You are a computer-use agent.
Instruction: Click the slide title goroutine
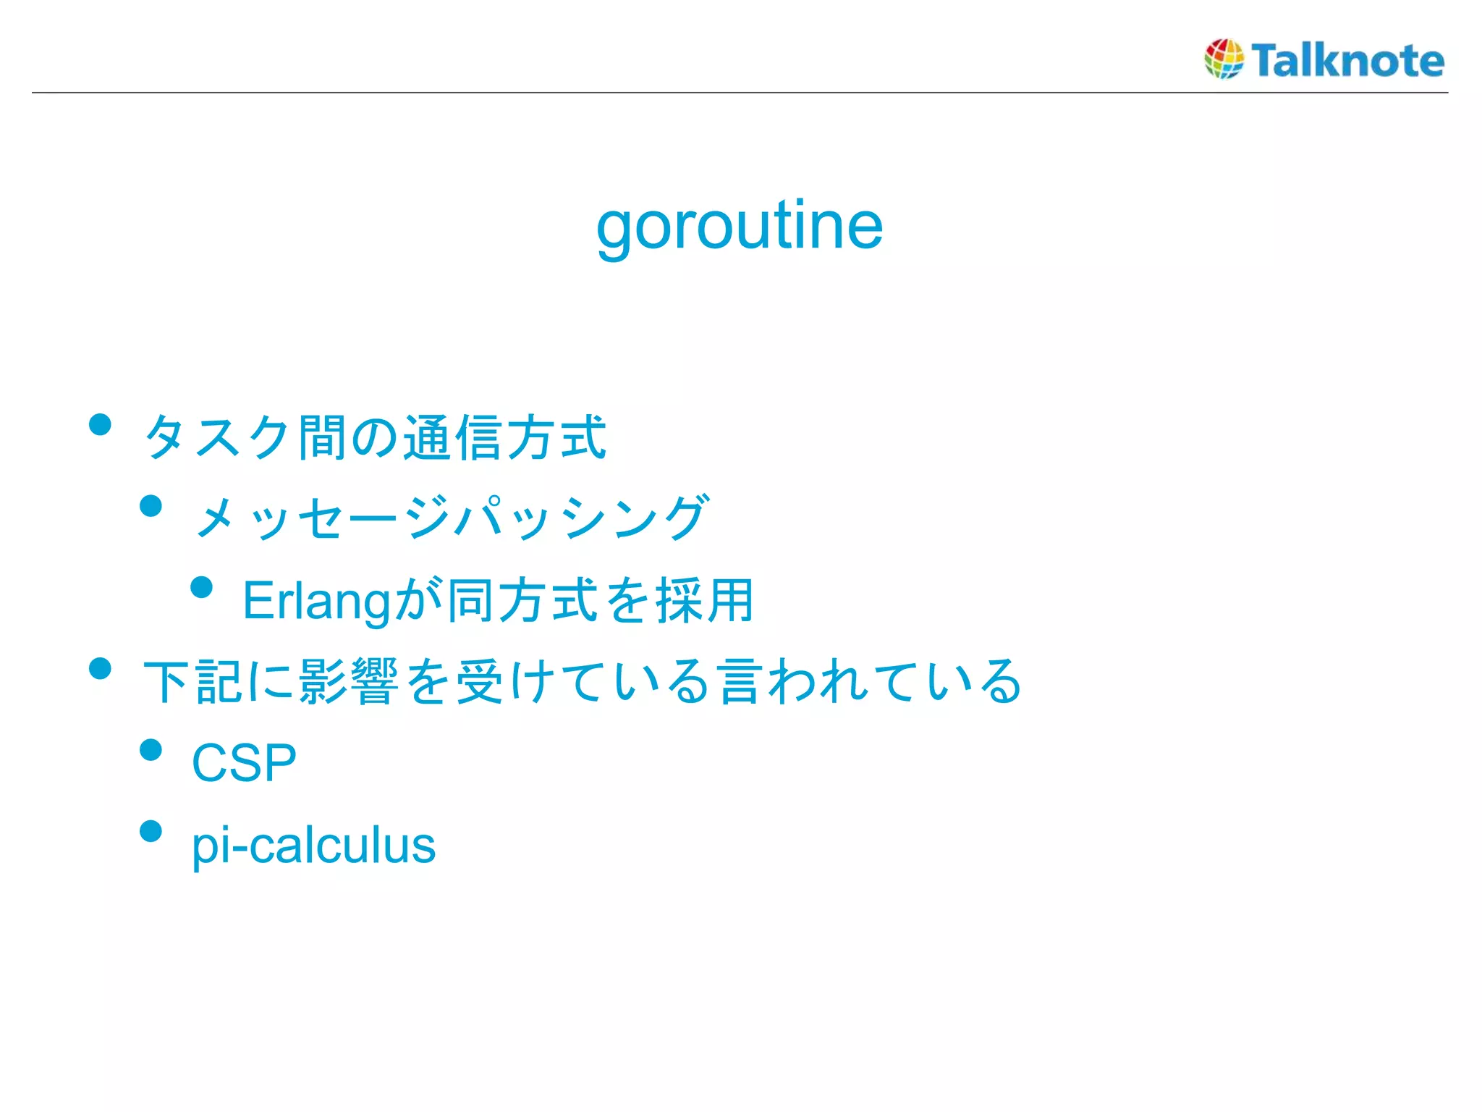tap(740, 226)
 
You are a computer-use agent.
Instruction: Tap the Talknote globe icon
tap(1224, 59)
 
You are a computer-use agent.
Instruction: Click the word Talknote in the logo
tap(1347, 60)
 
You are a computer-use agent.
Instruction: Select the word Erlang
tap(316, 601)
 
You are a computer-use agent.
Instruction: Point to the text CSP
tap(244, 763)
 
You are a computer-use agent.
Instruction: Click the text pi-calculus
tap(313, 846)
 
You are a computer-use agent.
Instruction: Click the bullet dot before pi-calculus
tap(151, 831)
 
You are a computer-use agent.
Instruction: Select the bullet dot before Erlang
tap(202, 587)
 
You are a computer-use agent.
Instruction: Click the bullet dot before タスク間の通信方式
tap(100, 424)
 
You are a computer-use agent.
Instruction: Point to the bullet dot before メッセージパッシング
tap(151, 505)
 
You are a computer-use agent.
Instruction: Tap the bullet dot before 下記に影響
tap(100, 668)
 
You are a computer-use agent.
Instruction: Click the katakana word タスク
tap(217, 437)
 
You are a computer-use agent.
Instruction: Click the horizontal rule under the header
tap(740, 93)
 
